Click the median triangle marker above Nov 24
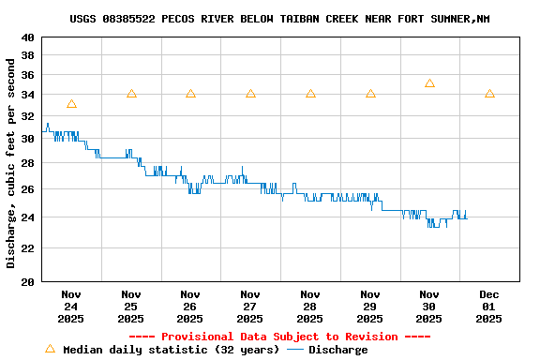(71, 104)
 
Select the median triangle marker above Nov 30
(429, 83)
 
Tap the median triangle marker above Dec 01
(489, 94)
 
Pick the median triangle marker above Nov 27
(250, 94)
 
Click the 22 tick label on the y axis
(27, 248)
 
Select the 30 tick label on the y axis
(27, 139)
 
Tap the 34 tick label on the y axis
(27, 95)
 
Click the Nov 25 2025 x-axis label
(131, 307)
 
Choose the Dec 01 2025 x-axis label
(489, 307)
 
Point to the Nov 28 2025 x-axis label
(310, 307)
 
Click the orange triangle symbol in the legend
(51, 349)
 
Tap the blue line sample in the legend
(295, 350)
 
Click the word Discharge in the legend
(337, 350)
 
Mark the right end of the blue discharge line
(466, 218)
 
